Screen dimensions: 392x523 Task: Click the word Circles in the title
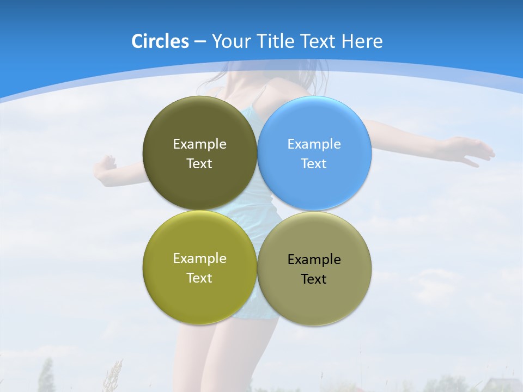click(160, 41)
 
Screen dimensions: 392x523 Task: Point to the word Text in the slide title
click(319, 41)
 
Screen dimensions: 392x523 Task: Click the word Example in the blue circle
click(314, 144)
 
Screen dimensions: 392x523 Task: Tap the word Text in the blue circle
click(314, 164)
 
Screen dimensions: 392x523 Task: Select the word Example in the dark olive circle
click(199, 144)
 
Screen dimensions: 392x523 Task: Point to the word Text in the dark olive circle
click(199, 164)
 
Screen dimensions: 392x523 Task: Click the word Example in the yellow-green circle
click(199, 259)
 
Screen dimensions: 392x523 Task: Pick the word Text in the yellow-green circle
click(199, 278)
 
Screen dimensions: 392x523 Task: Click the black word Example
click(314, 260)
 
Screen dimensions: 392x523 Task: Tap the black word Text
click(314, 279)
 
